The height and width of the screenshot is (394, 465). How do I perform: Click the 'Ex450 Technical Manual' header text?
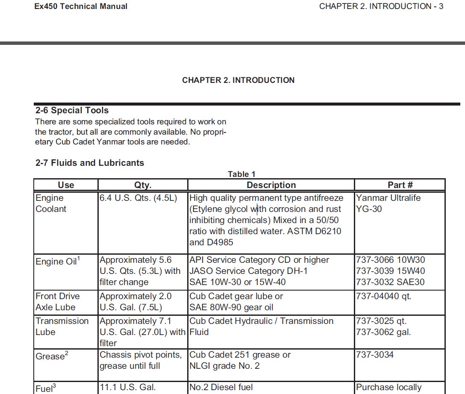coord(81,6)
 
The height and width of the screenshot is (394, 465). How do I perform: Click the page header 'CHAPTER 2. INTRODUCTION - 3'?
coord(381,6)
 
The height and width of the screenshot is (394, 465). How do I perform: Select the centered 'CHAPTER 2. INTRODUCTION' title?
coord(238,80)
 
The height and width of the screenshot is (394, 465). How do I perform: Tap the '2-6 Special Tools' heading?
coord(72,110)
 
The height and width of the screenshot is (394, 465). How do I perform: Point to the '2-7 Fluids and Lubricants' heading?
coord(90,163)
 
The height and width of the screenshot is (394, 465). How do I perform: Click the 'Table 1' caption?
coord(241,174)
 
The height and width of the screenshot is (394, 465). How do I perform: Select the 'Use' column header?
coord(66,185)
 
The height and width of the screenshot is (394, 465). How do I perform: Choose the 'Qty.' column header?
coord(143,185)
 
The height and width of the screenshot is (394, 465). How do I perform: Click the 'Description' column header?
coord(271,185)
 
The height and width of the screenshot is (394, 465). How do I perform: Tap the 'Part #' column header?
coord(400,185)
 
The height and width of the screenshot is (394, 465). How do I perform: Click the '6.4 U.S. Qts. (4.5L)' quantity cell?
coord(138,198)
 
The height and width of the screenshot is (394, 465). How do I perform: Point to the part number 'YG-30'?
coord(369,209)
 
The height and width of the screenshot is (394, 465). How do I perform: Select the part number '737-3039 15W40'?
coord(390,271)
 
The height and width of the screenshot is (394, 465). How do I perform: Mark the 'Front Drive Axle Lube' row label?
coord(57,302)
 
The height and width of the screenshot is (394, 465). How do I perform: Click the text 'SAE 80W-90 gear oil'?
coord(231,307)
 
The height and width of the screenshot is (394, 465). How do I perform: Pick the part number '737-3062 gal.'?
coord(383,332)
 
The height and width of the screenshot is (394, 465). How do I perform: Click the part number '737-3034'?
coord(375,355)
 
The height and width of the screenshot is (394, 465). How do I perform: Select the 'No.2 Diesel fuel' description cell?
coord(221,388)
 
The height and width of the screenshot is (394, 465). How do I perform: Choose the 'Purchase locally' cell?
coord(388,388)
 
